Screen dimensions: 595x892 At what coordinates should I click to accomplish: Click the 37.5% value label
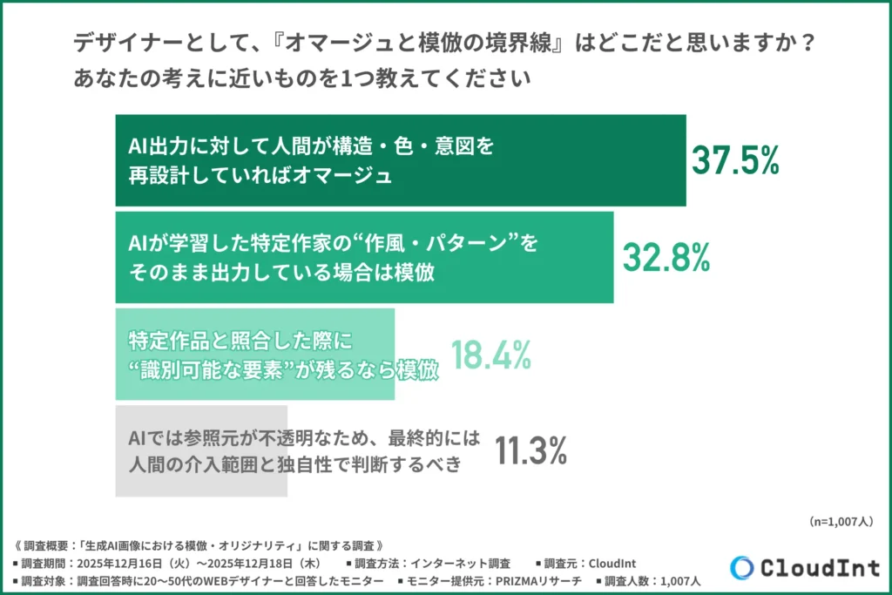point(735,160)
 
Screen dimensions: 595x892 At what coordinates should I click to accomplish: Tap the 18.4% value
point(491,355)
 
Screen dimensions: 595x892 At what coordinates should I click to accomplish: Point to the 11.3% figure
point(531,450)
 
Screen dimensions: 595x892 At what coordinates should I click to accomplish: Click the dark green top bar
point(401,160)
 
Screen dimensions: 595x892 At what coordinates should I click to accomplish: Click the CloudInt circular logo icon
point(742,567)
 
